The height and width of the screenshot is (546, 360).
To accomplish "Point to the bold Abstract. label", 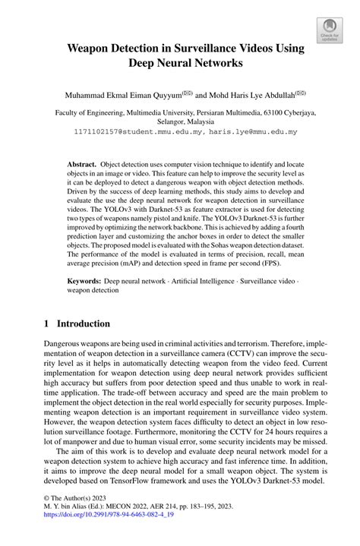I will pos(81,164).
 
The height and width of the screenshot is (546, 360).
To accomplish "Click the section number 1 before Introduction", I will pos(46,323).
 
